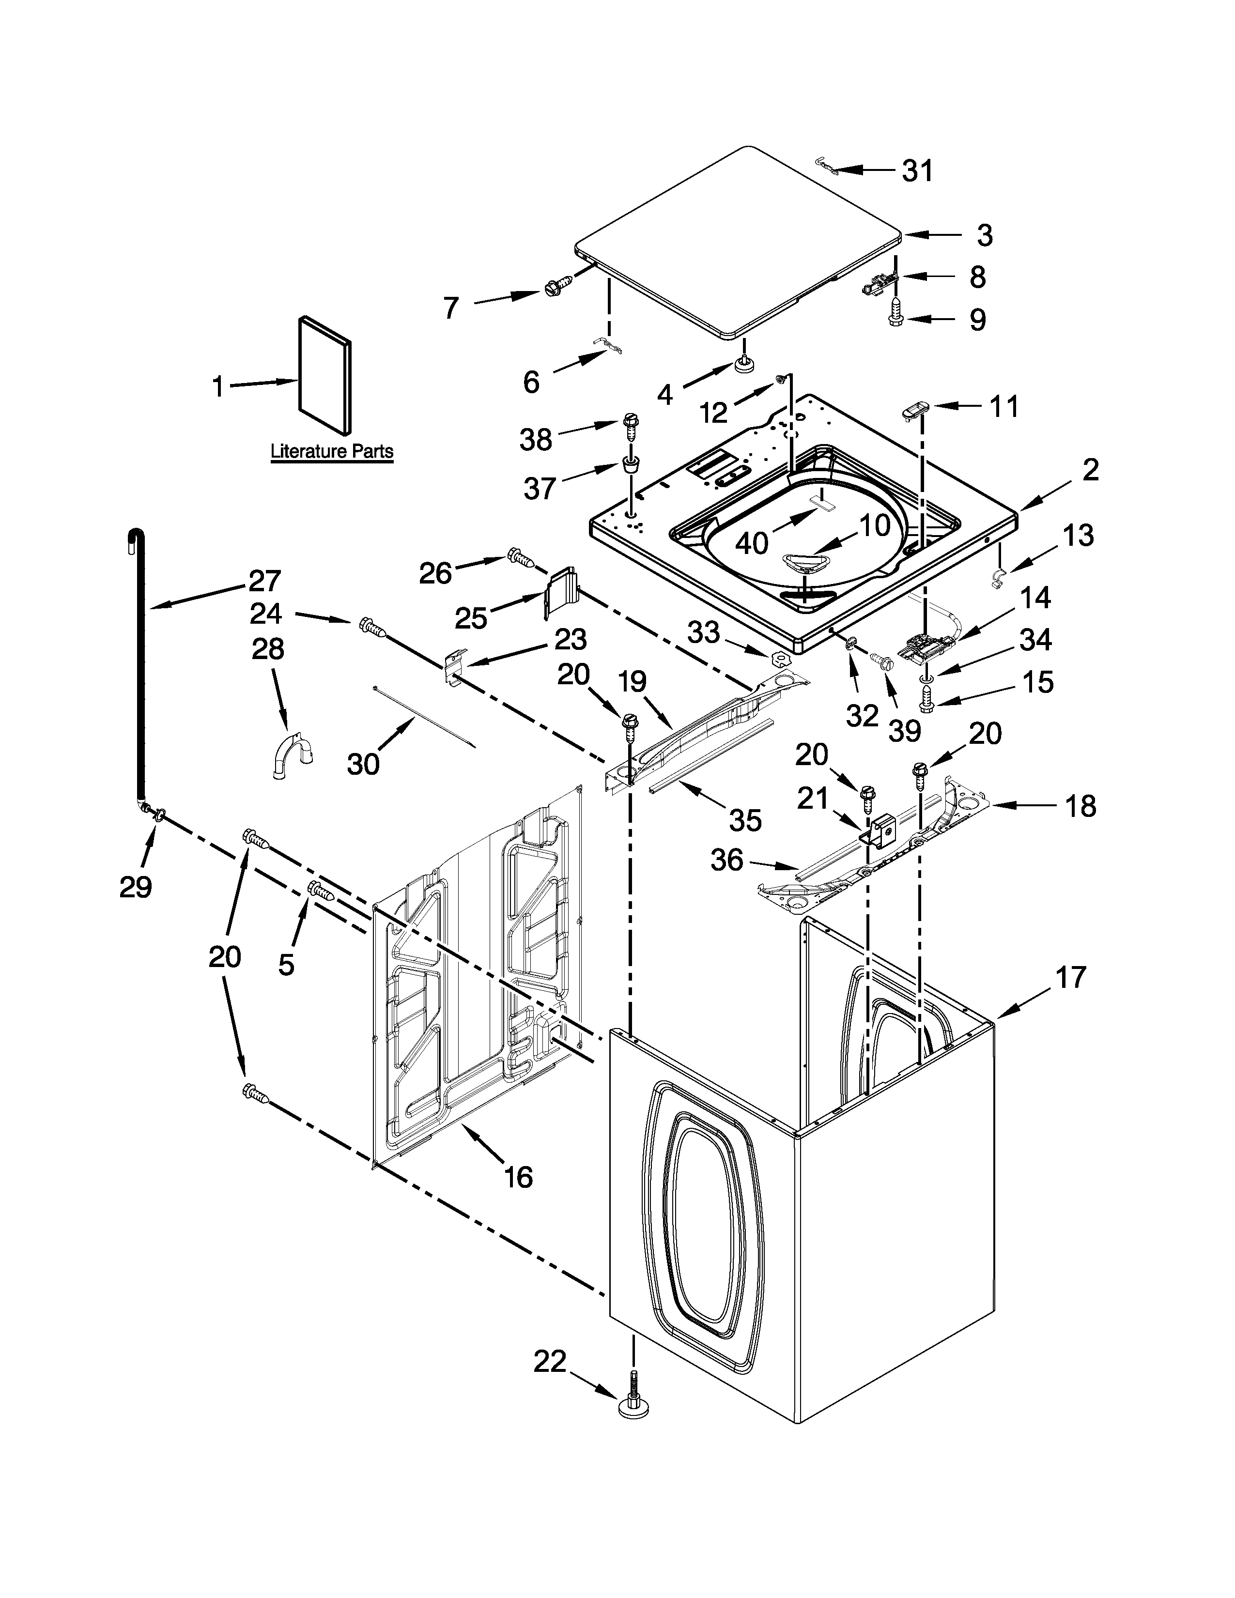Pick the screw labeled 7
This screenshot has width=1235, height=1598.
click(x=556, y=289)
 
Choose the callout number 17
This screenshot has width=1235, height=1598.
click(x=1071, y=976)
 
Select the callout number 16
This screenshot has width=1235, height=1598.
click(x=518, y=1177)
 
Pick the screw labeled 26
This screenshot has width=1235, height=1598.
click(x=518, y=559)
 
